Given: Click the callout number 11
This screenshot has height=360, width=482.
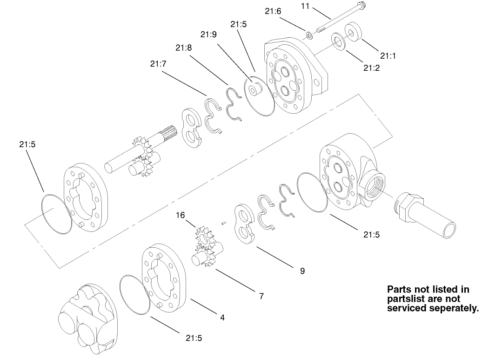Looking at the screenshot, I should (305, 7).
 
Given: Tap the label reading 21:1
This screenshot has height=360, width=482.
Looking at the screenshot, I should (387, 55).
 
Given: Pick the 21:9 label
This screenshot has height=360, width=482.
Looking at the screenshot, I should (208, 34).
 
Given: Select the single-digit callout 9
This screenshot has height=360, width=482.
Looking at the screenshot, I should (302, 271).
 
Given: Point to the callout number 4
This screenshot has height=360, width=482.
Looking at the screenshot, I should (222, 318).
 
